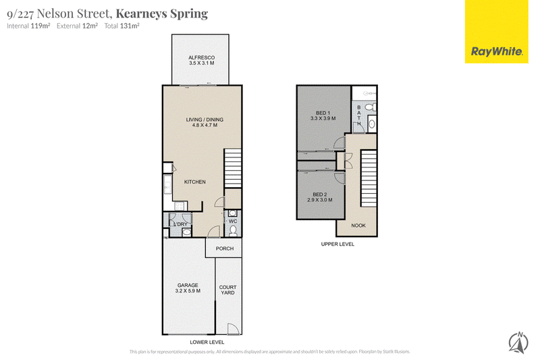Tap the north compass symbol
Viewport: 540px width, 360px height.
518,342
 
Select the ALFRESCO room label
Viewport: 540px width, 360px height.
201,57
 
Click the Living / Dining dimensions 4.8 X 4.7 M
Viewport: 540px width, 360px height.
205,125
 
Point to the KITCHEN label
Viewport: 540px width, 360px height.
194,182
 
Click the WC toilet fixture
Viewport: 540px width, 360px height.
233,230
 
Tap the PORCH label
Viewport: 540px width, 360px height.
225,249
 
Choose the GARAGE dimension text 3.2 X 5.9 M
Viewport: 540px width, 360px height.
188,290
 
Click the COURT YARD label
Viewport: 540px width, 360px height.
227,290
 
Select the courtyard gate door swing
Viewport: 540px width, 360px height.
232,329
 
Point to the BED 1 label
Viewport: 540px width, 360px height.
323,113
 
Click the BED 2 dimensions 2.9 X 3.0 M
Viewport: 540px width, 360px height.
319,200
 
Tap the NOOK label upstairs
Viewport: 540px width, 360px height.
358,226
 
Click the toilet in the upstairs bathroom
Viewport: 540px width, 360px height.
371,107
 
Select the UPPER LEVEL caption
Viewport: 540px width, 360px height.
337,244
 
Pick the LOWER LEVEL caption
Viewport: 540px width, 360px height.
207,342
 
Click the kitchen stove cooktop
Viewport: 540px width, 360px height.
179,206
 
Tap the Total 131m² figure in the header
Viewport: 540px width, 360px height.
122,26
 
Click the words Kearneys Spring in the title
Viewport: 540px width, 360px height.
162,14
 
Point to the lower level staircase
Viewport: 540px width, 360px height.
233,168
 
